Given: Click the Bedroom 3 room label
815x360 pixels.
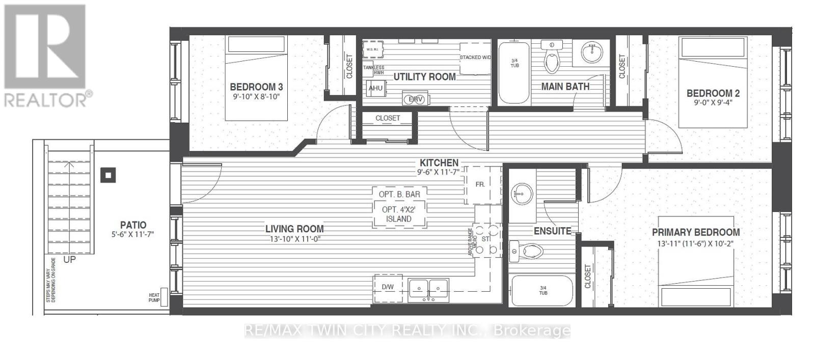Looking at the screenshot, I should coord(256,87).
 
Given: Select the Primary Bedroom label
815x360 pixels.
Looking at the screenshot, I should coord(696,232).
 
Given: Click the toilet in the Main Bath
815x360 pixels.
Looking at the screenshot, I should coord(552,59).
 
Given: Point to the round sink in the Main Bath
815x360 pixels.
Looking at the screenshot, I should coord(591,51).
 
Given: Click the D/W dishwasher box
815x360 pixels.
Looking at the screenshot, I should coord(388,287).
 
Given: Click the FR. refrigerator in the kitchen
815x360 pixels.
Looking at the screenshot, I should coord(480,184).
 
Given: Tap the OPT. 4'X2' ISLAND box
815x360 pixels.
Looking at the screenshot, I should coord(399,214).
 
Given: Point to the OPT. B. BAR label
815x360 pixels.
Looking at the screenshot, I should coord(399,194).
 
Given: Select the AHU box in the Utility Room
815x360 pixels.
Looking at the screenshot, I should coord(375,88).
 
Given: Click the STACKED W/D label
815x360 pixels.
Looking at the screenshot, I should coord(475,58).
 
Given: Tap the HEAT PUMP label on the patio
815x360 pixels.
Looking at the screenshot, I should coord(154,298).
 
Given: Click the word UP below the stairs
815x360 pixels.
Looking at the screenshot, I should coord(70,260).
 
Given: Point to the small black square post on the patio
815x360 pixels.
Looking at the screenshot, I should coord(108,176).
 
